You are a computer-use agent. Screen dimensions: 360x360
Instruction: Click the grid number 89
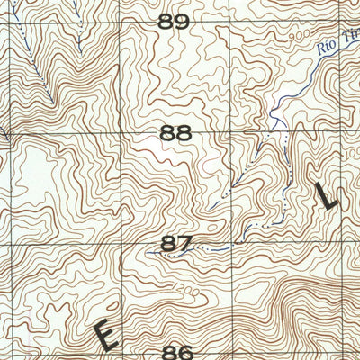175,22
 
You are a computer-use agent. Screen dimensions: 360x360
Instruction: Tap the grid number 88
175,134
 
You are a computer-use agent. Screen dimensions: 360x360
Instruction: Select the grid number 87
176,244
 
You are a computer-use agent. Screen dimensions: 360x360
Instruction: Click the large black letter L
327,195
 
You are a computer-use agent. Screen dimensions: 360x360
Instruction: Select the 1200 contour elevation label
187,292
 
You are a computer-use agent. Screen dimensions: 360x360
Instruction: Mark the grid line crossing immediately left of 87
122,244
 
